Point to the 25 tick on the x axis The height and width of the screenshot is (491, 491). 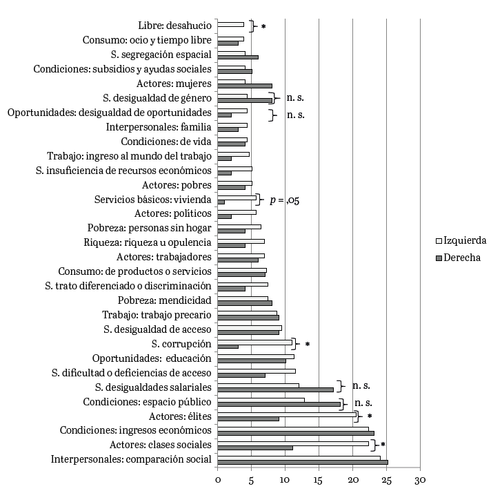click(x=386, y=478)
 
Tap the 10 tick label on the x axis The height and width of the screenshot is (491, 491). click(x=285, y=478)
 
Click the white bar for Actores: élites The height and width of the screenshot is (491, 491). click(x=287, y=414)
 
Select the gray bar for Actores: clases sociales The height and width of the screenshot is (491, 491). click(x=255, y=447)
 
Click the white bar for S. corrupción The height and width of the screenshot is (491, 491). click(x=254, y=342)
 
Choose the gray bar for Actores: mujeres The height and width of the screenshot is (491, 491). click(x=245, y=86)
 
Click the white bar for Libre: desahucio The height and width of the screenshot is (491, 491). click(x=230, y=24)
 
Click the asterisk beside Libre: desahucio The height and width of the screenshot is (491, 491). click(x=263, y=27)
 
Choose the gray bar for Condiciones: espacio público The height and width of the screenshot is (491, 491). click(x=279, y=404)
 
